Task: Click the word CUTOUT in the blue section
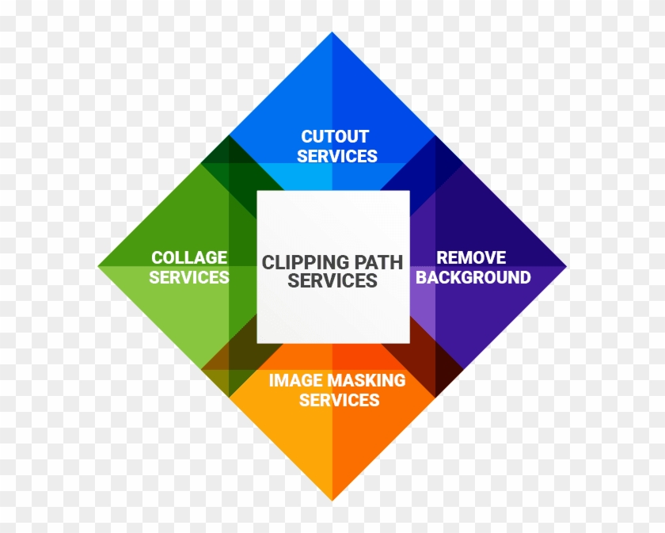(335, 136)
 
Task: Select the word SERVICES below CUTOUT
(337, 156)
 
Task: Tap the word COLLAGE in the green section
(189, 257)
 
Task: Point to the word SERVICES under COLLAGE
(189, 277)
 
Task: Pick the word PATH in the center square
(377, 261)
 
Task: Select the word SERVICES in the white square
(332, 281)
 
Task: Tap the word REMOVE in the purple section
(471, 257)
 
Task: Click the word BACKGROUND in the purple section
(473, 277)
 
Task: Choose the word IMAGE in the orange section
(294, 380)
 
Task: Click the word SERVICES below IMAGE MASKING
(339, 400)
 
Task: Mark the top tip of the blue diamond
(332, 33)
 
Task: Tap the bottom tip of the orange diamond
(332, 500)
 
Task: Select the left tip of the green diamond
(99, 266)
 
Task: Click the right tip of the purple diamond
(566, 266)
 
